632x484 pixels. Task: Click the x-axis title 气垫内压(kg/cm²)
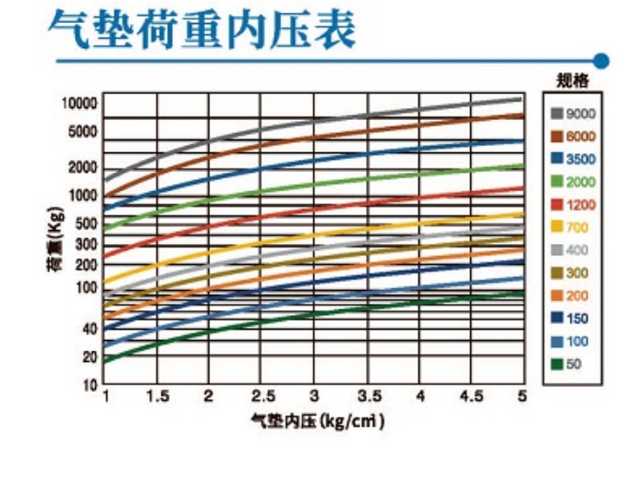tap(317, 420)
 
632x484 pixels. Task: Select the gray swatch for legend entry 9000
tap(557, 114)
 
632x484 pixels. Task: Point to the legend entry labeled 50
tap(573, 364)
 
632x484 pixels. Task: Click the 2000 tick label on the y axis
tap(81, 167)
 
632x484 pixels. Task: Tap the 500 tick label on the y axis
tap(85, 223)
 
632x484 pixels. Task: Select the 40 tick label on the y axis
tap(89, 329)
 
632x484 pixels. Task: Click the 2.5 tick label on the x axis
tap(264, 396)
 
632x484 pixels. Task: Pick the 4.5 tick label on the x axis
tap(471, 396)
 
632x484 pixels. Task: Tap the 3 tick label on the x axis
tap(315, 396)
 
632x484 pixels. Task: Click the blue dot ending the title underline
tap(602, 62)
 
